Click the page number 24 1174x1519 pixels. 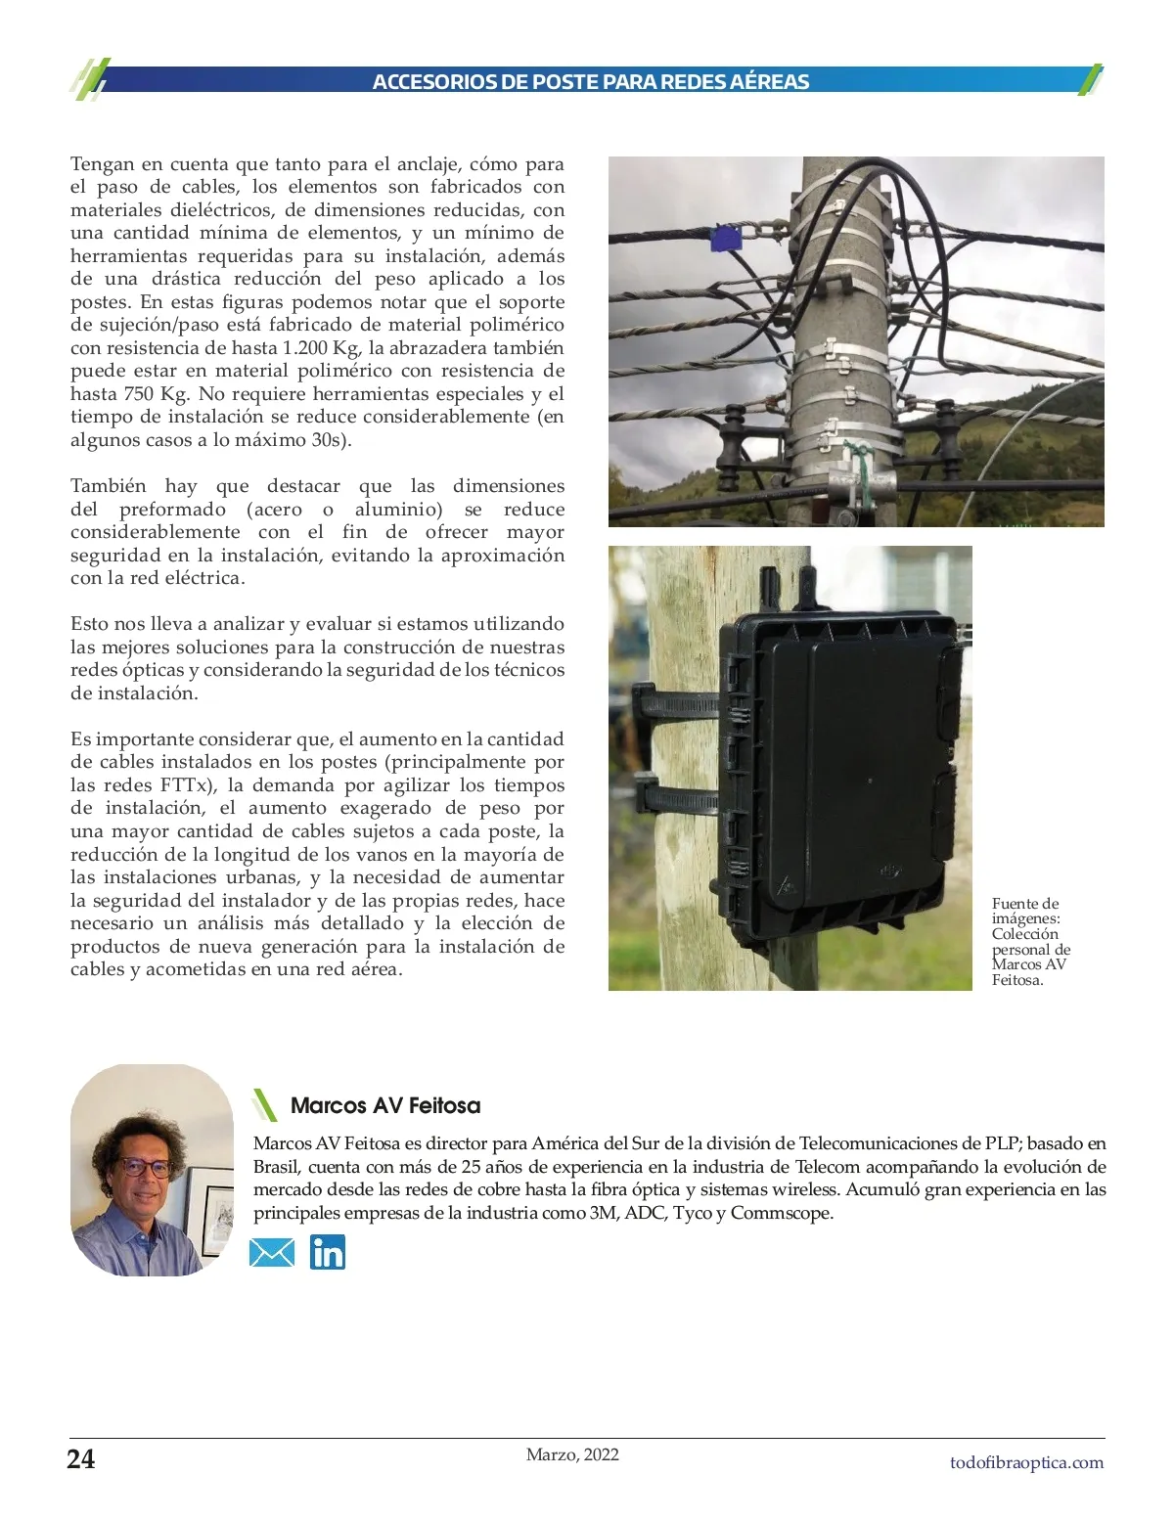(x=81, y=1459)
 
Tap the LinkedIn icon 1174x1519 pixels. (x=328, y=1252)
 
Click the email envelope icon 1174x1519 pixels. (x=272, y=1252)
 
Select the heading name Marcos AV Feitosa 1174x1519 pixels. (x=385, y=1106)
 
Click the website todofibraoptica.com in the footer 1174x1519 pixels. (x=1026, y=1462)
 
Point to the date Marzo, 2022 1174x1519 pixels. (x=572, y=1454)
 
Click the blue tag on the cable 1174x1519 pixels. (x=725, y=239)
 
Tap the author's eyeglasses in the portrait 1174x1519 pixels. (x=143, y=1167)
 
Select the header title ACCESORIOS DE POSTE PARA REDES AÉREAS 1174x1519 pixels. (x=590, y=82)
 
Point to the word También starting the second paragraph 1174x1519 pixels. (x=108, y=486)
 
